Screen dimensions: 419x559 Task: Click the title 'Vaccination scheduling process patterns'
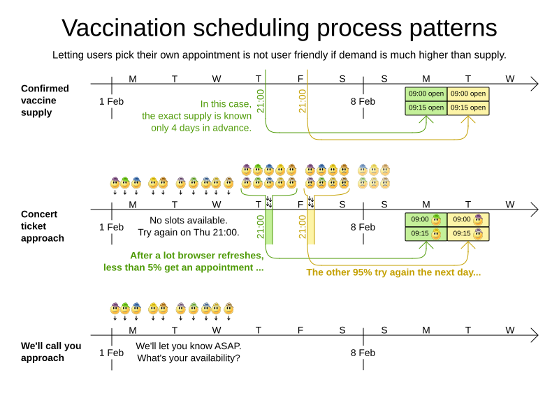279,28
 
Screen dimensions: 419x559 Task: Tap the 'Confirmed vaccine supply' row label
45,100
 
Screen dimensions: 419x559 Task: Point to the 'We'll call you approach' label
51,351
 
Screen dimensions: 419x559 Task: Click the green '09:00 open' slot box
426,94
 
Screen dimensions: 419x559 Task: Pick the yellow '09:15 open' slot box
467,108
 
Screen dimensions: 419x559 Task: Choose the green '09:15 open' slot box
426,108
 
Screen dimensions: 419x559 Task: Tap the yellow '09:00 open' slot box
467,94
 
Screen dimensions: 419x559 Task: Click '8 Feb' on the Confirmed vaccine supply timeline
363,101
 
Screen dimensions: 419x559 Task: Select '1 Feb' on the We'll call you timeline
111,353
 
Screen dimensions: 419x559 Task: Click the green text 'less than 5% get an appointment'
184,267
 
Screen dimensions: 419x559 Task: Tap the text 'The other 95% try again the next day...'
393,272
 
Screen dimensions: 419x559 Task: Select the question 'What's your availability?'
189,358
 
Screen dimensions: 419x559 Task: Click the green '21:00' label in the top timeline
261,101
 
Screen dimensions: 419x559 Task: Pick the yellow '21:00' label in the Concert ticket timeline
303,226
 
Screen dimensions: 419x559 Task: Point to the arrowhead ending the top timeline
535,84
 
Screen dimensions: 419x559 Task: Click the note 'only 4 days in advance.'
201,128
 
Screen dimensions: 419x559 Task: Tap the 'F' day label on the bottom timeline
300,330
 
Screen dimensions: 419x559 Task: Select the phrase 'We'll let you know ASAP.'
189,346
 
